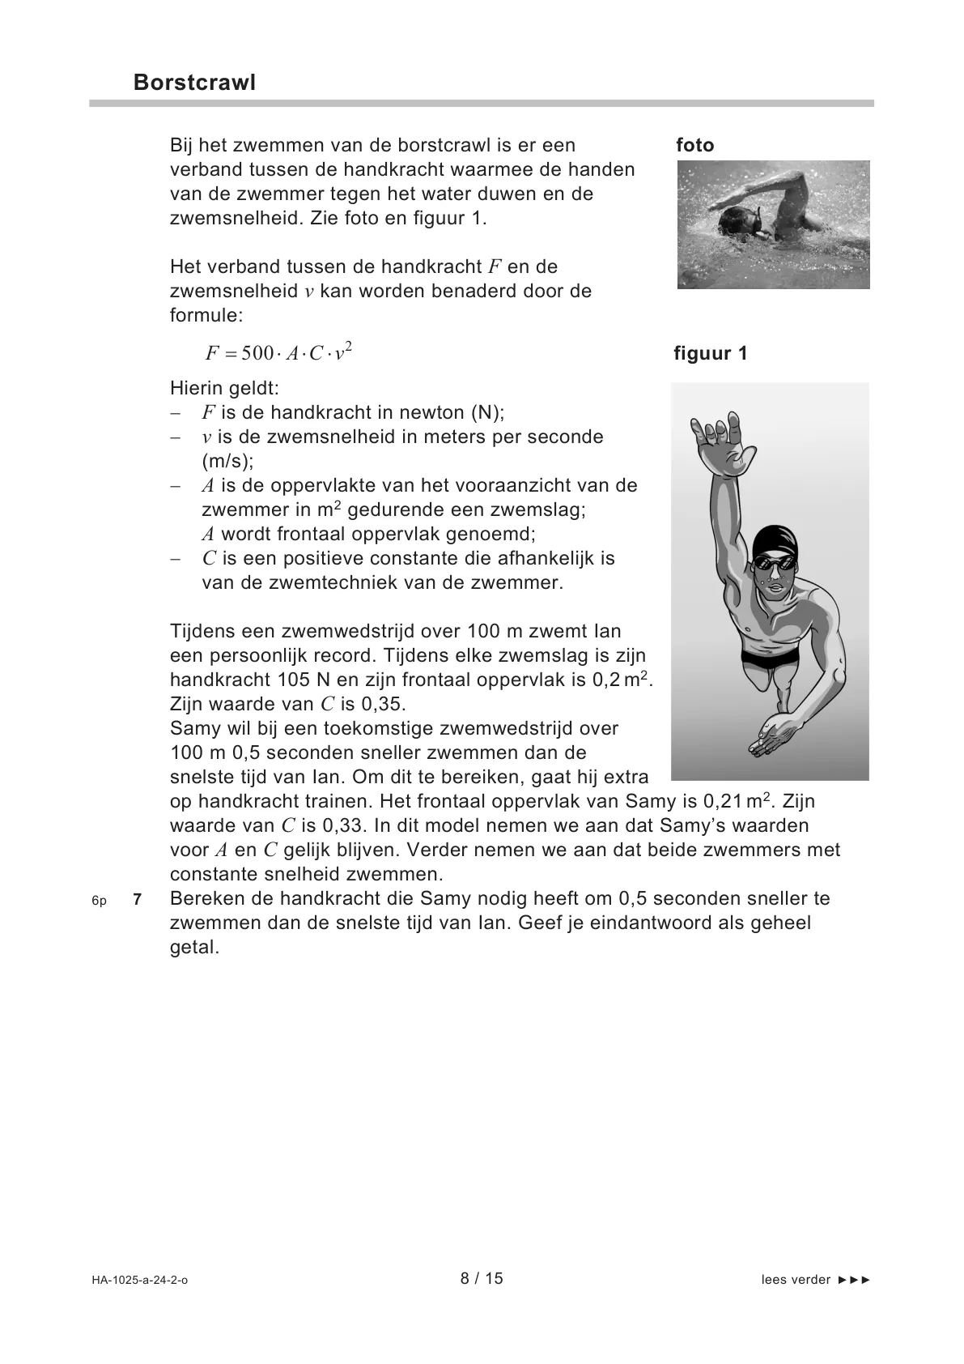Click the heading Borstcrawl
pyautogui.click(x=194, y=83)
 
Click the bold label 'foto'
pyautogui.click(x=695, y=146)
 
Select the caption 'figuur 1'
pyautogui.click(x=711, y=354)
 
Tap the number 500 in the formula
pyautogui.click(x=257, y=354)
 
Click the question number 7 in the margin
pyautogui.click(x=138, y=899)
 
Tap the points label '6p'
pyautogui.click(x=100, y=900)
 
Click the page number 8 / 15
pyautogui.click(x=482, y=1278)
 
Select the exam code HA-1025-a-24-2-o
pyautogui.click(x=140, y=1280)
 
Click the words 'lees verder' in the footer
pyautogui.click(x=796, y=1280)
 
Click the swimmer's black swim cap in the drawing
pyautogui.click(x=775, y=541)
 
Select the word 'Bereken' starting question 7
pyautogui.click(x=204, y=899)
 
